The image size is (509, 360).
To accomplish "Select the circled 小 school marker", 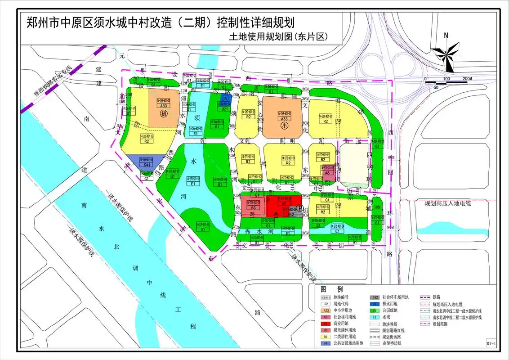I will coord(284,127).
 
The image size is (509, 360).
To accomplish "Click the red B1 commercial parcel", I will coord(283,207).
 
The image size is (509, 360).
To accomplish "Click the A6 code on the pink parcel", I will coord(328,172).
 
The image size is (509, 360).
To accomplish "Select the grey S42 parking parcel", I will coord(291,215).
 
